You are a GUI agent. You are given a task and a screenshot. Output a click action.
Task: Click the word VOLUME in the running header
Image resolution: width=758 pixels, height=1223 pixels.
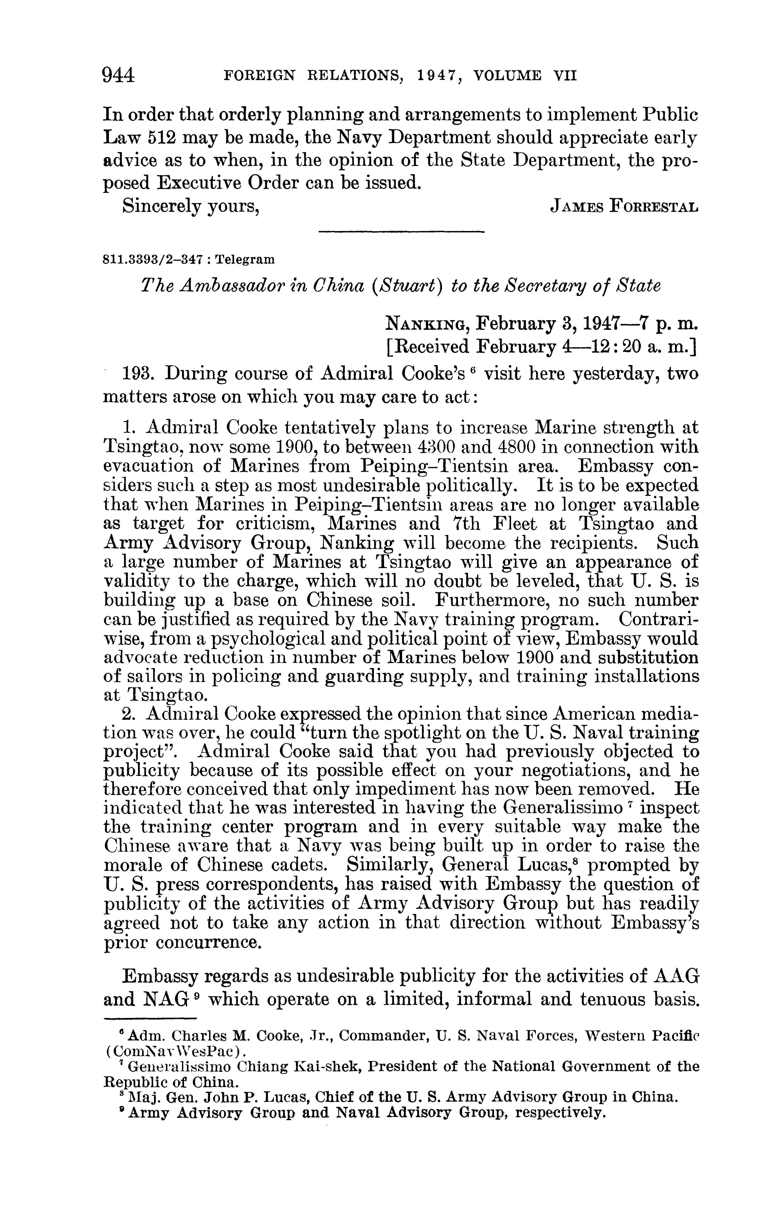click(508, 76)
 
